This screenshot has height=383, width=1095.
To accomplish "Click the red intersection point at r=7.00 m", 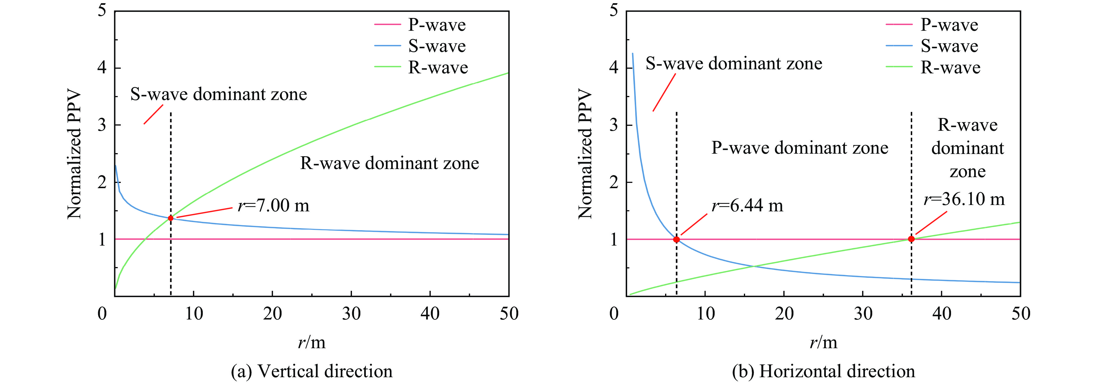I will (170, 218).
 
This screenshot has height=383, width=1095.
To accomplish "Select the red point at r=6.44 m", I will (676, 239).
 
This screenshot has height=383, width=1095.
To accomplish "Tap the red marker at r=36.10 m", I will (911, 239).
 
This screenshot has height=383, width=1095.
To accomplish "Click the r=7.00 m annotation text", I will (273, 206).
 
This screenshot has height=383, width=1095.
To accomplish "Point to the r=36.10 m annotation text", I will (964, 199).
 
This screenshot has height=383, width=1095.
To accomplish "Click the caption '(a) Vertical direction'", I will (312, 371).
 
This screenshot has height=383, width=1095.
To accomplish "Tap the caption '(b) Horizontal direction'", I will (823, 371).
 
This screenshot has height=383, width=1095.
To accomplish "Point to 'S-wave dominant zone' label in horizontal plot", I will (734, 64).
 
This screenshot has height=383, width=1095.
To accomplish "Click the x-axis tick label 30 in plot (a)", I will (351, 314).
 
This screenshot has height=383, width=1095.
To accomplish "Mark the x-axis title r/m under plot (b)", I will (823, 342).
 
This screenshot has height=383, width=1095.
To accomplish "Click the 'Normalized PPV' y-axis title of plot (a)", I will (74, 154).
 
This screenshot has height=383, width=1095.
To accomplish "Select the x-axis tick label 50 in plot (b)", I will (1021, 314).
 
